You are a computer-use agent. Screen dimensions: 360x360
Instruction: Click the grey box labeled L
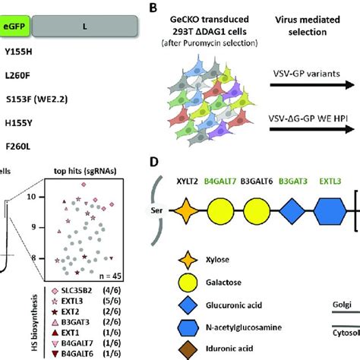coord(84,25)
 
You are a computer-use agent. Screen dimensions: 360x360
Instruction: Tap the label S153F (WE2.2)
coord(36,98)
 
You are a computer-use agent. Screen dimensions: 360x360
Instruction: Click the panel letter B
coord(154,8)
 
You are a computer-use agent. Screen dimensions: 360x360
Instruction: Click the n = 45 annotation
coord(107,276)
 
